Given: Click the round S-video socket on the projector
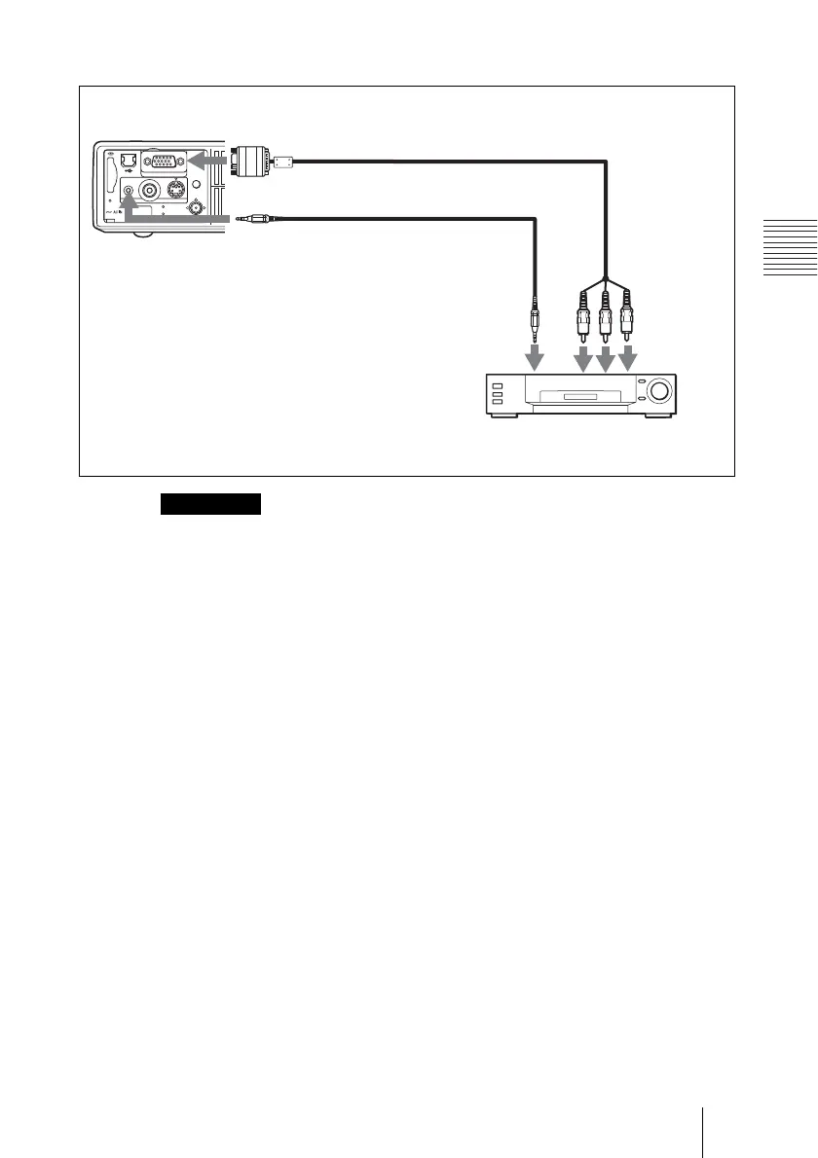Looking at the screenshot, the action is point(177,191).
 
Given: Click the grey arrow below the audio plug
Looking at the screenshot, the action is point(535,357).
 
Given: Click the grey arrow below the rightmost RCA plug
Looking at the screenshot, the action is point(629,358).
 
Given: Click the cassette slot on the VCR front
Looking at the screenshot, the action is point(580,397).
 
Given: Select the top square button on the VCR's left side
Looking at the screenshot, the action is point(499,386).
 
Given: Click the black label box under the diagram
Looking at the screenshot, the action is point(212,503).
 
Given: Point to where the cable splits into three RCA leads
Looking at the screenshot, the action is point(607,279).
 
